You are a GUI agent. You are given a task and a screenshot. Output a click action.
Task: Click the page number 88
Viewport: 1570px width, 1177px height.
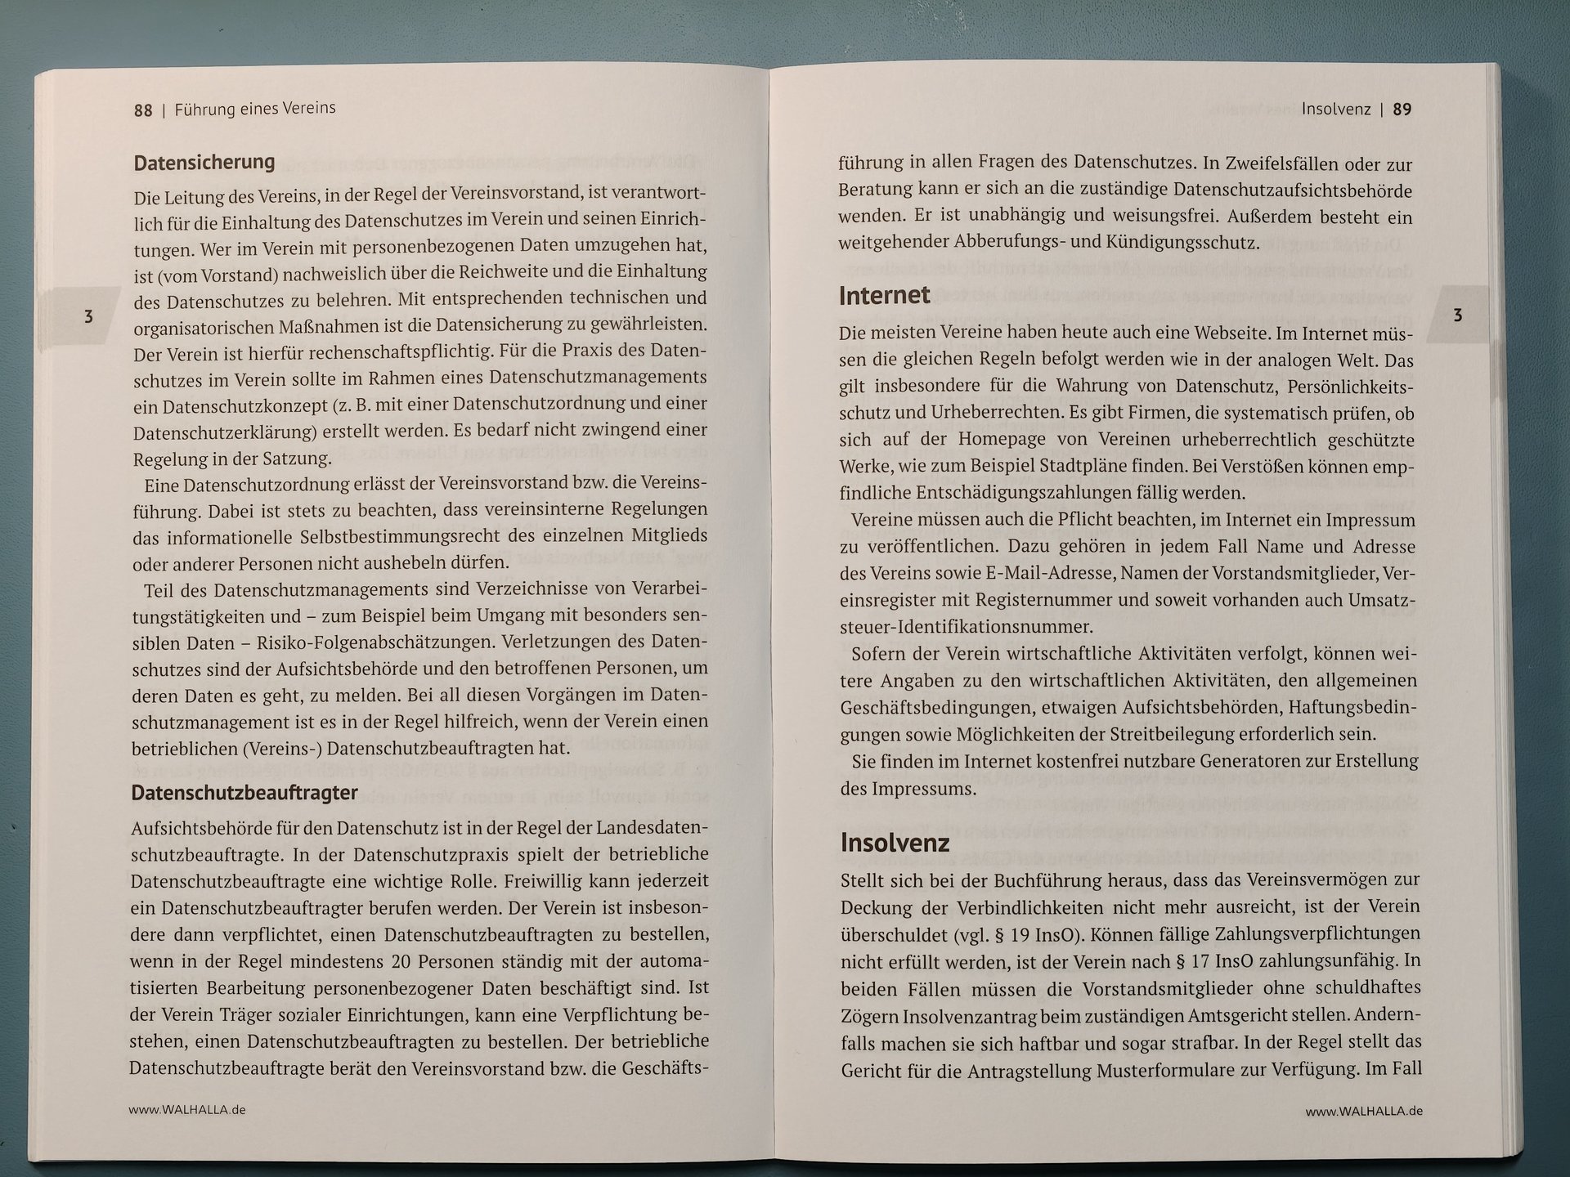143,110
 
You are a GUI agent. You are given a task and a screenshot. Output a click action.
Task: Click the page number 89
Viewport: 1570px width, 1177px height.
1402,110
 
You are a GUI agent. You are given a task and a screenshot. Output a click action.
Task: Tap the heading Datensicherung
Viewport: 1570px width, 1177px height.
204,162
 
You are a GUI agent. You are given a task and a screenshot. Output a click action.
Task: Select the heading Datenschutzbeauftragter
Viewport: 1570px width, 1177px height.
244,793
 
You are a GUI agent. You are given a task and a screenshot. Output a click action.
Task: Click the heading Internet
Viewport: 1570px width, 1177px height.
884,295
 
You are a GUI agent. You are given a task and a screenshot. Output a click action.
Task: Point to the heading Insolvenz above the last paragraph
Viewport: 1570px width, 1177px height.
895,843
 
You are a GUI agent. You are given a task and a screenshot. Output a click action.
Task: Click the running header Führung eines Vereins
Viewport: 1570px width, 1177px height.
255,109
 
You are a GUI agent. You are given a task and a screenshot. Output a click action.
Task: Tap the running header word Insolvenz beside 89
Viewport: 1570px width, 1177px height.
1335,110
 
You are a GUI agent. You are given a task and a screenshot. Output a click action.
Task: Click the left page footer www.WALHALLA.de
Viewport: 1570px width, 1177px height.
187,1110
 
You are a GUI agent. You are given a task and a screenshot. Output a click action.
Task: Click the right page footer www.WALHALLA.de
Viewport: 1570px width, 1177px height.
1364,1112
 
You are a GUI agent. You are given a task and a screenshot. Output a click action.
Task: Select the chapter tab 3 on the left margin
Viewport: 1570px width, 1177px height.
88,316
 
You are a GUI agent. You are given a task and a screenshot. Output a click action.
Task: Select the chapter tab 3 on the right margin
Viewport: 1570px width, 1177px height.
1457,316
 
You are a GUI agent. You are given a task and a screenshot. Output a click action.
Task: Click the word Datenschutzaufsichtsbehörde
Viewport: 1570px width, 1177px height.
1292,190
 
